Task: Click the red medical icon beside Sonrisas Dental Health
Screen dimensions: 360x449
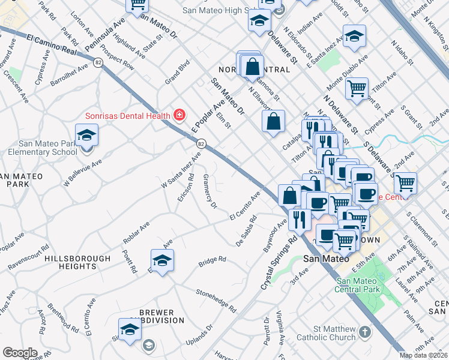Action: [178, 114]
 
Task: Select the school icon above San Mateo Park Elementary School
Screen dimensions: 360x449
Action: [86, 134]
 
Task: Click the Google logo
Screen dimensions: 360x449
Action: [20, 353]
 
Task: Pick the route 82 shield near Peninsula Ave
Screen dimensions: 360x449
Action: [97, 62]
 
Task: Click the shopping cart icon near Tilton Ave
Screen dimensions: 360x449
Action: [357, 89]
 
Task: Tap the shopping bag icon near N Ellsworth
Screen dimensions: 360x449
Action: [273, 121]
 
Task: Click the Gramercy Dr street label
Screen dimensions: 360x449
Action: [209, 192]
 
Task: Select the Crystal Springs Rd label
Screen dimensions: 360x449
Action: [279, 263]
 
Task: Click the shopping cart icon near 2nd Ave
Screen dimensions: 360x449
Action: [405, 182]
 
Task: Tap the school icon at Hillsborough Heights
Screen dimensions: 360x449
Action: [161, 261]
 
